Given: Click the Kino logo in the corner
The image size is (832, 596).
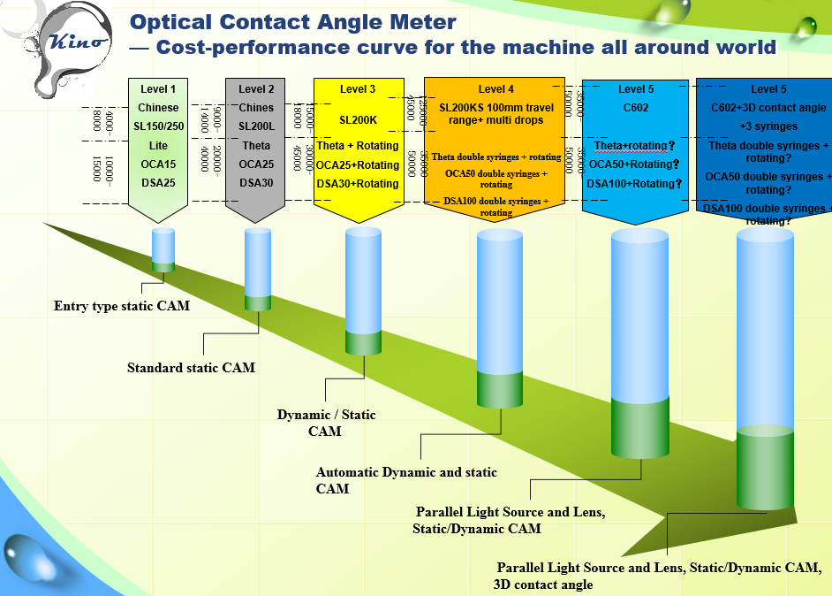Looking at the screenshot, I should point(78,41).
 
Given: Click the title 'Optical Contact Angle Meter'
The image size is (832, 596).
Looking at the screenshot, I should point(293,22).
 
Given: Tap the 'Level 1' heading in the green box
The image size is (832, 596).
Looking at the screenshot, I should point(158,89).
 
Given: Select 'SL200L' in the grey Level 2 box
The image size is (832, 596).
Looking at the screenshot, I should point(256,126).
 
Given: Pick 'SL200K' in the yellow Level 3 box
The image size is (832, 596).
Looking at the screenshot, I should point(358,118).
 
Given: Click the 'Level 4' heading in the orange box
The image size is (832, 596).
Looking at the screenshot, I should point(496,89).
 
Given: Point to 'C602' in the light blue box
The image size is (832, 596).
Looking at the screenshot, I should point(636,108).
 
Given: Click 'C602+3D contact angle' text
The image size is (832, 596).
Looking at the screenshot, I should point(768,108).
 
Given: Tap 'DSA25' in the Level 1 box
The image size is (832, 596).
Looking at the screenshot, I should point(158,183).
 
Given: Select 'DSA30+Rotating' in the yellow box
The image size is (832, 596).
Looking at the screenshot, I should point(358,184).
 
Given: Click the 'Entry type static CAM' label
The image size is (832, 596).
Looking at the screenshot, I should point(122,306).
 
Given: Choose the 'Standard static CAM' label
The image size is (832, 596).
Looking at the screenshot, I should point(191,367).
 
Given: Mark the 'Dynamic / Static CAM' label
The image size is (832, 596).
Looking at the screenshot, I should point(326,423).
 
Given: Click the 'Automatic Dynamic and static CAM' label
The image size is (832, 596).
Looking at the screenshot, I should point(406,480).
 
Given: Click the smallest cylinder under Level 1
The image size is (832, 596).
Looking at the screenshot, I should point(163,249).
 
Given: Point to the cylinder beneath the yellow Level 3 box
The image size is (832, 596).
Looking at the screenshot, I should point(363,292).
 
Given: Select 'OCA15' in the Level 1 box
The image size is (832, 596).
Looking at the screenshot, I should point(158,164).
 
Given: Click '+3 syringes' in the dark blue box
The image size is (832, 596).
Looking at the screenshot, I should point(768,126).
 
